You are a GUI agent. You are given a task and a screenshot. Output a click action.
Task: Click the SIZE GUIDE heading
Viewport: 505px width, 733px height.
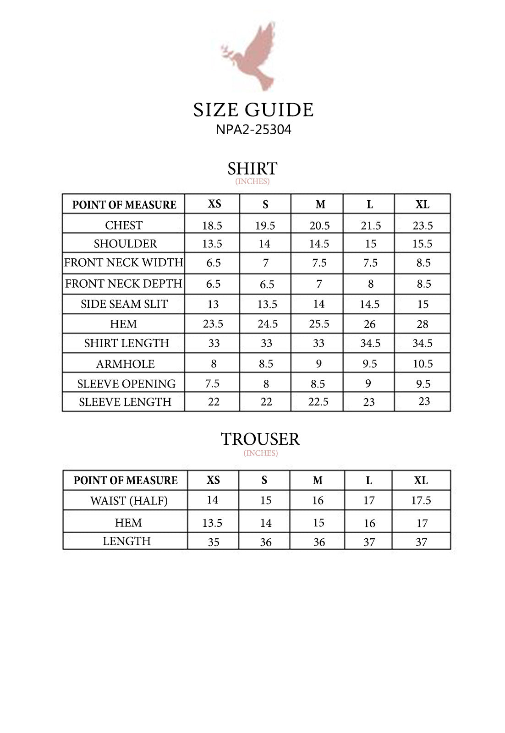pos(253,110)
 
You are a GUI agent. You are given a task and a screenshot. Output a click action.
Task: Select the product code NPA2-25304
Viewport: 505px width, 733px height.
pos(253,130)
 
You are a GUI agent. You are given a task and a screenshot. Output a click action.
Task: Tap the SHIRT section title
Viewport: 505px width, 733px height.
pos(252,169)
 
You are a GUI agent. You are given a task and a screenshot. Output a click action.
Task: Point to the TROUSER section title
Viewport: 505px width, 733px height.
pos(260,439)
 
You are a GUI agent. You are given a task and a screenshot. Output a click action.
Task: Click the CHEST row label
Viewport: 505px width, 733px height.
pos(124,225)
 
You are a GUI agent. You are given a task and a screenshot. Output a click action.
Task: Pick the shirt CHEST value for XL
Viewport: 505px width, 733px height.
pos(422,225)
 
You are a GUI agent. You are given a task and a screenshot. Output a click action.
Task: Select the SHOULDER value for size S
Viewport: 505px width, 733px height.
pos(264,244)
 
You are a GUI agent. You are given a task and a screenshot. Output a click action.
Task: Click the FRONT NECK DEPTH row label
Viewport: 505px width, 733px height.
pos(124,284)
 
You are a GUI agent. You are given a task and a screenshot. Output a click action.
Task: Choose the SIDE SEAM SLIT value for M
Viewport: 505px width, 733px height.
pos(318,304)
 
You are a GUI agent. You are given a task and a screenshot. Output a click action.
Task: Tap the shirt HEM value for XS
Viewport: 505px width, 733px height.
pos(213,324)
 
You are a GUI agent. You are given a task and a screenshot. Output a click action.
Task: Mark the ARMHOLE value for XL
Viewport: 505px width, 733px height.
pos(423,364)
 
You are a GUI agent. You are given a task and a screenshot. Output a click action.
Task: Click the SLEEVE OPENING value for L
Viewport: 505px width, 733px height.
pos(368,383)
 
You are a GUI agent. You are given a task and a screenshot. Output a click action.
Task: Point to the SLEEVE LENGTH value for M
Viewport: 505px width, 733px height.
pos(318,402)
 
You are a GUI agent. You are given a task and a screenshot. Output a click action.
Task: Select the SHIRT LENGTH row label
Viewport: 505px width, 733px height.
pos(126,343)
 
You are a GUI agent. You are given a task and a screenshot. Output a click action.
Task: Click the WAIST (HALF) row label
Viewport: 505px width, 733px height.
pos(129,501)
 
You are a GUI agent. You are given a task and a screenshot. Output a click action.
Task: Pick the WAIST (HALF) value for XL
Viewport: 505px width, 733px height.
pos(421,500)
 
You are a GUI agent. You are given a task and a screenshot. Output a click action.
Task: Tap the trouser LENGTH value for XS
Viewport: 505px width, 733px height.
pos(214,542)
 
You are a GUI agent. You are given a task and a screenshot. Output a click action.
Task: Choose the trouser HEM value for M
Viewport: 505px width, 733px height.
pos(318,523)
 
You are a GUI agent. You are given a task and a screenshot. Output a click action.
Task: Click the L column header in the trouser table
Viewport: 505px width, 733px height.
pos(368,481)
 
